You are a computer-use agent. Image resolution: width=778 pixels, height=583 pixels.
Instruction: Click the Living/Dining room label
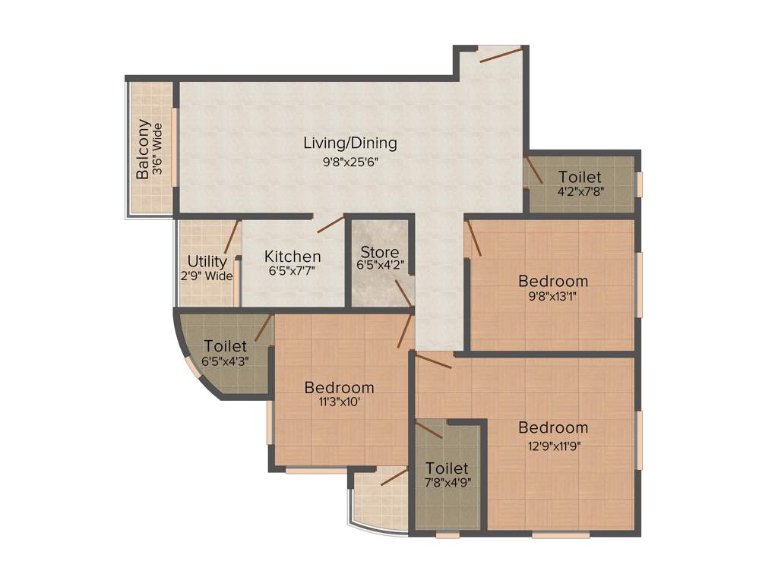pyautogui.click(x=349, y=143)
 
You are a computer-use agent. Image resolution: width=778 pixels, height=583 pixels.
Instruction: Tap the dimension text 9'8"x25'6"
pyautogui.click(x=349, y=161)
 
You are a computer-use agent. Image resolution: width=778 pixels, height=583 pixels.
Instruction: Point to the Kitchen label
pyautogui.click(x=293, y=257)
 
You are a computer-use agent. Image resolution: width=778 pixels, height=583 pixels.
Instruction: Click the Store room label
pyautogui.click(x=380, y=252)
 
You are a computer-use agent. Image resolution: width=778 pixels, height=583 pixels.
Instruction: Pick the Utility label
pyautogui.click(x=207, y=262)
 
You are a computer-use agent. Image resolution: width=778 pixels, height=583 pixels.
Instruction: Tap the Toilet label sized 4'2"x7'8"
pyautogui.click(x=580, y=178)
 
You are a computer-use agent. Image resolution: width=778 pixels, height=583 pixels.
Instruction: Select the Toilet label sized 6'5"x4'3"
pyautogui.click(x=224, y=346)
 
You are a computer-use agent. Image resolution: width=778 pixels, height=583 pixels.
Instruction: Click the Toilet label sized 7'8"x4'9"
pyautogui.click(x=447, y=468)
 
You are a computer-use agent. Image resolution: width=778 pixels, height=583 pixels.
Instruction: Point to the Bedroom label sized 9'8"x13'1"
pyautogui.click(x=552, y=281)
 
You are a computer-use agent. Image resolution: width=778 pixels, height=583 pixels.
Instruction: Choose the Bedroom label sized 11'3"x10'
pyautogui.click(x=339, y=388)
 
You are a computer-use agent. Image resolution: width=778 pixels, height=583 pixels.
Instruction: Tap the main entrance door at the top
pyautogui.click(x=500, y=54)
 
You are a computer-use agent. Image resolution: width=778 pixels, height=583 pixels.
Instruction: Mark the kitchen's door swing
pyautogui.click(x=330, y=223)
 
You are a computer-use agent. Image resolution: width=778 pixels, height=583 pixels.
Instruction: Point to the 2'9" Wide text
pyautogui.click(x=207, y=276)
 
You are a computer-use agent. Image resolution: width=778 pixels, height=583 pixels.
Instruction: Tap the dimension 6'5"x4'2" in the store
pyautogui.click(x=380, y=266)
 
